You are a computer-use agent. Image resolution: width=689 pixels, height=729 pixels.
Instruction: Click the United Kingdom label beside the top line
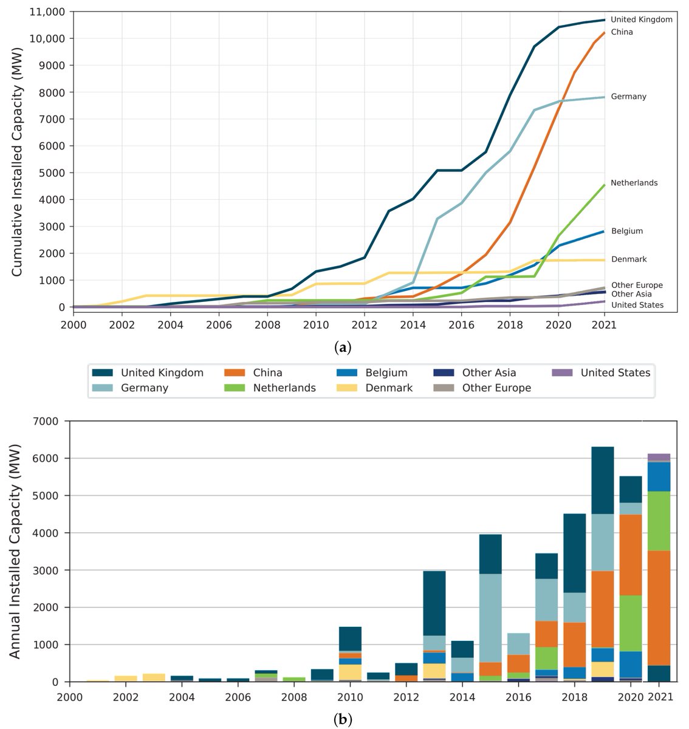tap(641, 19)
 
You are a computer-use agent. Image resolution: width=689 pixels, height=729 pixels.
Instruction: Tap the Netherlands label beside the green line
tap(634, 183)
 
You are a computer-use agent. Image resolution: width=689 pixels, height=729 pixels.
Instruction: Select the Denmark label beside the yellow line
tap(629, 259)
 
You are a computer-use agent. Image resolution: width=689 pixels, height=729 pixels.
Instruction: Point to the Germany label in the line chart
tap(628, 97)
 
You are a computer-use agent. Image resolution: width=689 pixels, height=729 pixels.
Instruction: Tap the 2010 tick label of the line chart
tap(315, 325)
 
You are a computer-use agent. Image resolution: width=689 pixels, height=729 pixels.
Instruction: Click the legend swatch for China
tap(234, 373)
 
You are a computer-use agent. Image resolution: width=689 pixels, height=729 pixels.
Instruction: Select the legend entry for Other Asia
tap(488, 373)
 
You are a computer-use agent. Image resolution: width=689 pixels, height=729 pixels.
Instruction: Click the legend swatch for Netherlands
tap(234, 388)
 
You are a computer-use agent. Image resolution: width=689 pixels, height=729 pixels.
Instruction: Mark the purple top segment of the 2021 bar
tap(659, 457)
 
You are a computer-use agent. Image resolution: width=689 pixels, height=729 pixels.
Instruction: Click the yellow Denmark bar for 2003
tap(154, 677)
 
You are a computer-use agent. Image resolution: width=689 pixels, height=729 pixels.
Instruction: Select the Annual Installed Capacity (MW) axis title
tap(16, 552)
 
